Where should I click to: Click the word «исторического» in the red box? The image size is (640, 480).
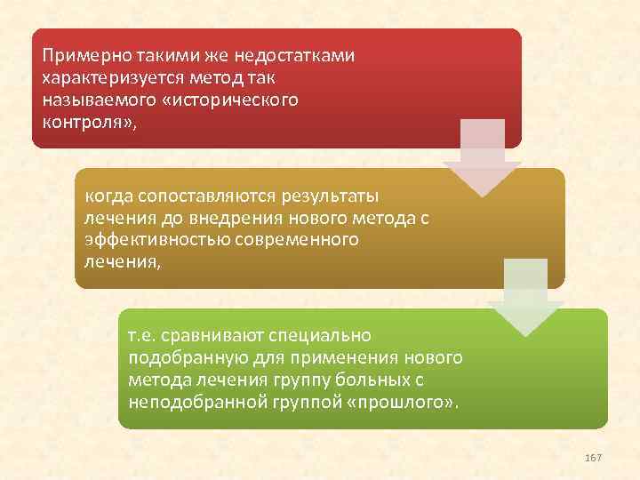coord(241,100)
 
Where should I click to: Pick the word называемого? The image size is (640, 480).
coord(92,100)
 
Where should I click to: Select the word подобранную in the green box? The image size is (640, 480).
coord(178,359)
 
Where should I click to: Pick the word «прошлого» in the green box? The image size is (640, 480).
coord(412,404)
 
